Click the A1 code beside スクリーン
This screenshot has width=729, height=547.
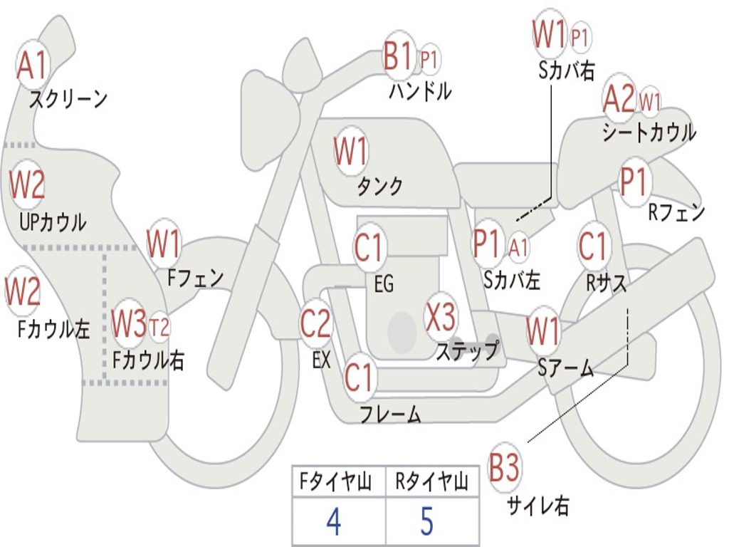pyautogui.click(x=32, y=66)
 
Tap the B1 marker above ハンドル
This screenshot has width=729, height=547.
pyautogui.click(x=398, y=56)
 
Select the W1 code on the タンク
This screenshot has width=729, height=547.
pyautogui.click(x=351, y=151)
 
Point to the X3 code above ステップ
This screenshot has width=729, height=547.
pyautogui.click(x=441, y=318)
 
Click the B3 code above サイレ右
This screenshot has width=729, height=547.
pyautogui.click(x=505, y=469)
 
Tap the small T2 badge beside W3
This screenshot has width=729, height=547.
pyautogui.click(x=159, y=327)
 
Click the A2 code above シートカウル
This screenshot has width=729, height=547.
pyautogui.click(x=619, y=99)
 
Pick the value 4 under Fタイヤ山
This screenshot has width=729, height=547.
pyautogui.click(x=333, y=521)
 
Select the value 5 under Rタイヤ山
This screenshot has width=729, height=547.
pyautogui.click(x=426, y=521)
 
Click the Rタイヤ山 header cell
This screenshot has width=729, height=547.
pyautogui.click(x=431, y=483)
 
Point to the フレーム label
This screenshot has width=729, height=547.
pyautogui.click(x=390, y=414)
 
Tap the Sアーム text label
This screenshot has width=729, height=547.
pyautogui.click(x=565, y=368)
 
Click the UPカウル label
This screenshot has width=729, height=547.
pyautogui.click(x=52, y=222)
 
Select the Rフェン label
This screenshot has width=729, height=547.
pyautogui.click(x=676, y=212)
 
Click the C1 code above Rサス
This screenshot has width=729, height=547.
pyautogui.click(x=592, y=247)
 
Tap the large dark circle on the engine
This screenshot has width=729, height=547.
pyautogui.click(x=402, y=330)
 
